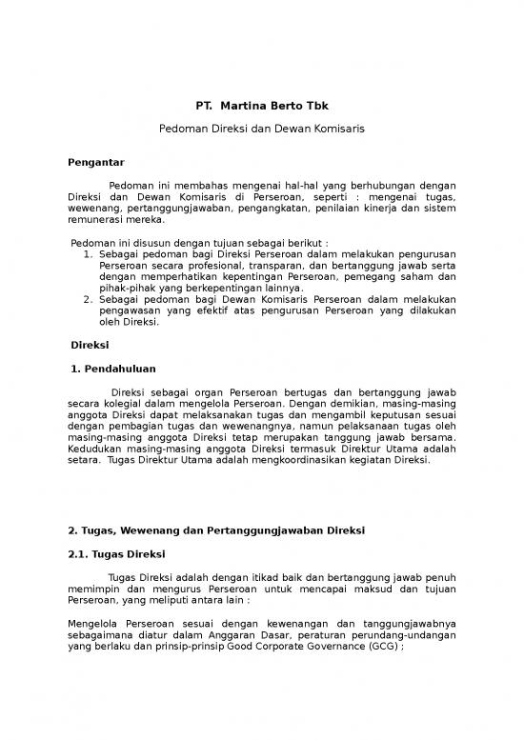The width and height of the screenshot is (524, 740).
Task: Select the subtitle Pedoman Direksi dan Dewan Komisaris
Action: pyautogui.click(x=261, y=127)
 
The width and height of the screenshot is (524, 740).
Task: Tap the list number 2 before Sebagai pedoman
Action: pyautogui.click(x=88, y=299)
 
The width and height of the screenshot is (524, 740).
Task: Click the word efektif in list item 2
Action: pyautogui.click(x=193, y=310)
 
